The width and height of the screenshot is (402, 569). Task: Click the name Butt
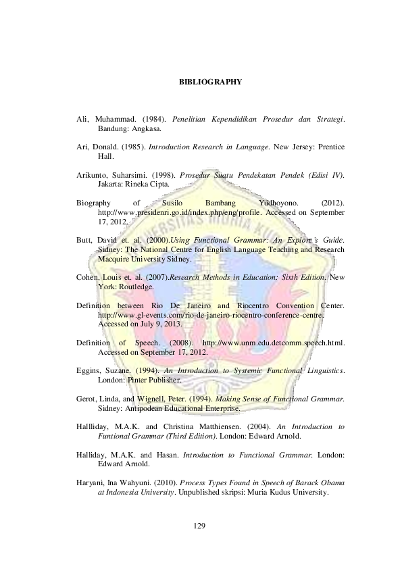[x=83, y=240]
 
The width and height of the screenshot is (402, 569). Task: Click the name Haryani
[x=91, y=483]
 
